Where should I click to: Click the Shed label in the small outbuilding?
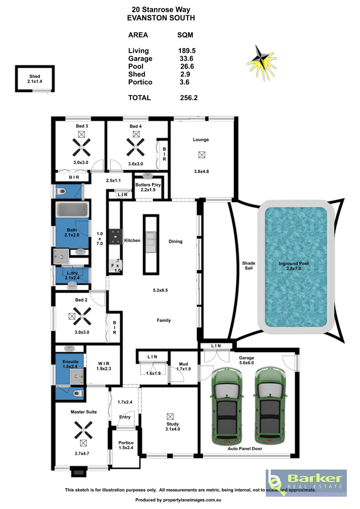coord(34,76)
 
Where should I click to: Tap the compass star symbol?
coord(262,62)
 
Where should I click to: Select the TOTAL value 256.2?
coord(189,98)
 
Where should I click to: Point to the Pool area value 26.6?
coord(187,66)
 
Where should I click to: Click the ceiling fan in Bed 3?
coord(82,148)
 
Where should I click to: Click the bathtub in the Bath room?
coord(72,210)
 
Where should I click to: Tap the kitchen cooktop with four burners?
coord(115,237)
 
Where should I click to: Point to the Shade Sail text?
coord(249,266)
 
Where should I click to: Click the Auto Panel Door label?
coord(245,449)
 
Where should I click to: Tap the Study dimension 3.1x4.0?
coord(173,429)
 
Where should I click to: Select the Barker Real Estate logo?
coord(306,483)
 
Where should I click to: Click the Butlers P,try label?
coord(148,185)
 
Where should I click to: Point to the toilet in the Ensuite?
coord(78,393)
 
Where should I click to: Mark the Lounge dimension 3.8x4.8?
coord(202,171)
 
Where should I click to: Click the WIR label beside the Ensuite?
coord(104,364)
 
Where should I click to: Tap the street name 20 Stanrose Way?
coord(161,9)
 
